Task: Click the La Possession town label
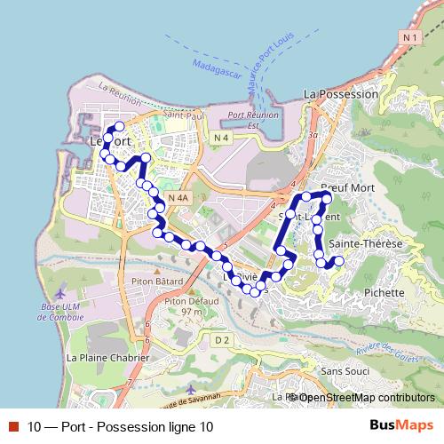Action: pos(336,93)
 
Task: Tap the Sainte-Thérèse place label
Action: pos(366,243)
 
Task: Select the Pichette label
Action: pos(385,292)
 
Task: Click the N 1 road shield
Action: pos(408,37)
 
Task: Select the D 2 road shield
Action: pos(222,339)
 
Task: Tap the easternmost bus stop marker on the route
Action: pos(338,261)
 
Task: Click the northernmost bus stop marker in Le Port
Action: pos(119,127)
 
